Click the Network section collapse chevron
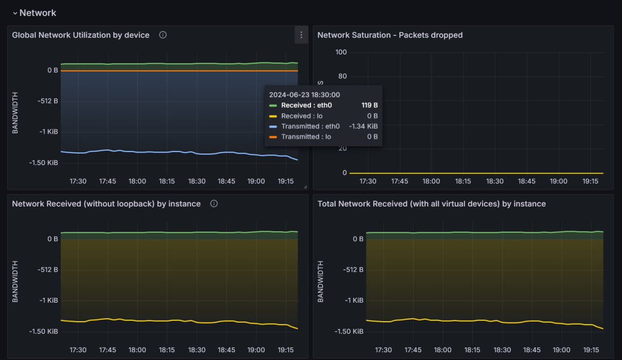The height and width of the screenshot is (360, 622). tap(15, 14)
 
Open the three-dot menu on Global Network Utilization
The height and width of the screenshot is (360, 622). tap(301, 35)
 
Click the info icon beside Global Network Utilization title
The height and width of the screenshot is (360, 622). tap(163, 35)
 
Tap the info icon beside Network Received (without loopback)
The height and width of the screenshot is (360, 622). tap(214, 204)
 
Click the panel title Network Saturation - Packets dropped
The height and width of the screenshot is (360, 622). tap(390, 35)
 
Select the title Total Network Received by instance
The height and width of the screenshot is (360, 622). tap(432, 204)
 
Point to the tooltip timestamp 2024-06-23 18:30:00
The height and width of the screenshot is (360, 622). tap(305, 95)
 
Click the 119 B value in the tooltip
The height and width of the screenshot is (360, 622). tap(369, 105)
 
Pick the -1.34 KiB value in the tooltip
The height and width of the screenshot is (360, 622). tap(363, 126)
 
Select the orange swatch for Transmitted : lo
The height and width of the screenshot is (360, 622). tap(273, 137)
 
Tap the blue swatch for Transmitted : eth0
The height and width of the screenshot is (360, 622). tap(273, 126)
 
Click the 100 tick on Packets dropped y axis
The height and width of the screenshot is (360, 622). tap(341, 52)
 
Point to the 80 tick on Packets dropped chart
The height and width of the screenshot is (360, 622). tap(343, 76)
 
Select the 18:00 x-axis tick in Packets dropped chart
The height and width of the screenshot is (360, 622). tap(431, 181)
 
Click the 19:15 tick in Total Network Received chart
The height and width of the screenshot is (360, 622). tap(590, 350)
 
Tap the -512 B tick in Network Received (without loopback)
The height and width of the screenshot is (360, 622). tap(48, 270)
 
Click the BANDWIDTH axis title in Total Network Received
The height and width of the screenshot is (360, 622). tap(320, 281)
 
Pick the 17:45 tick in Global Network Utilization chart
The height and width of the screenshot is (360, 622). tap(107, 181)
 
